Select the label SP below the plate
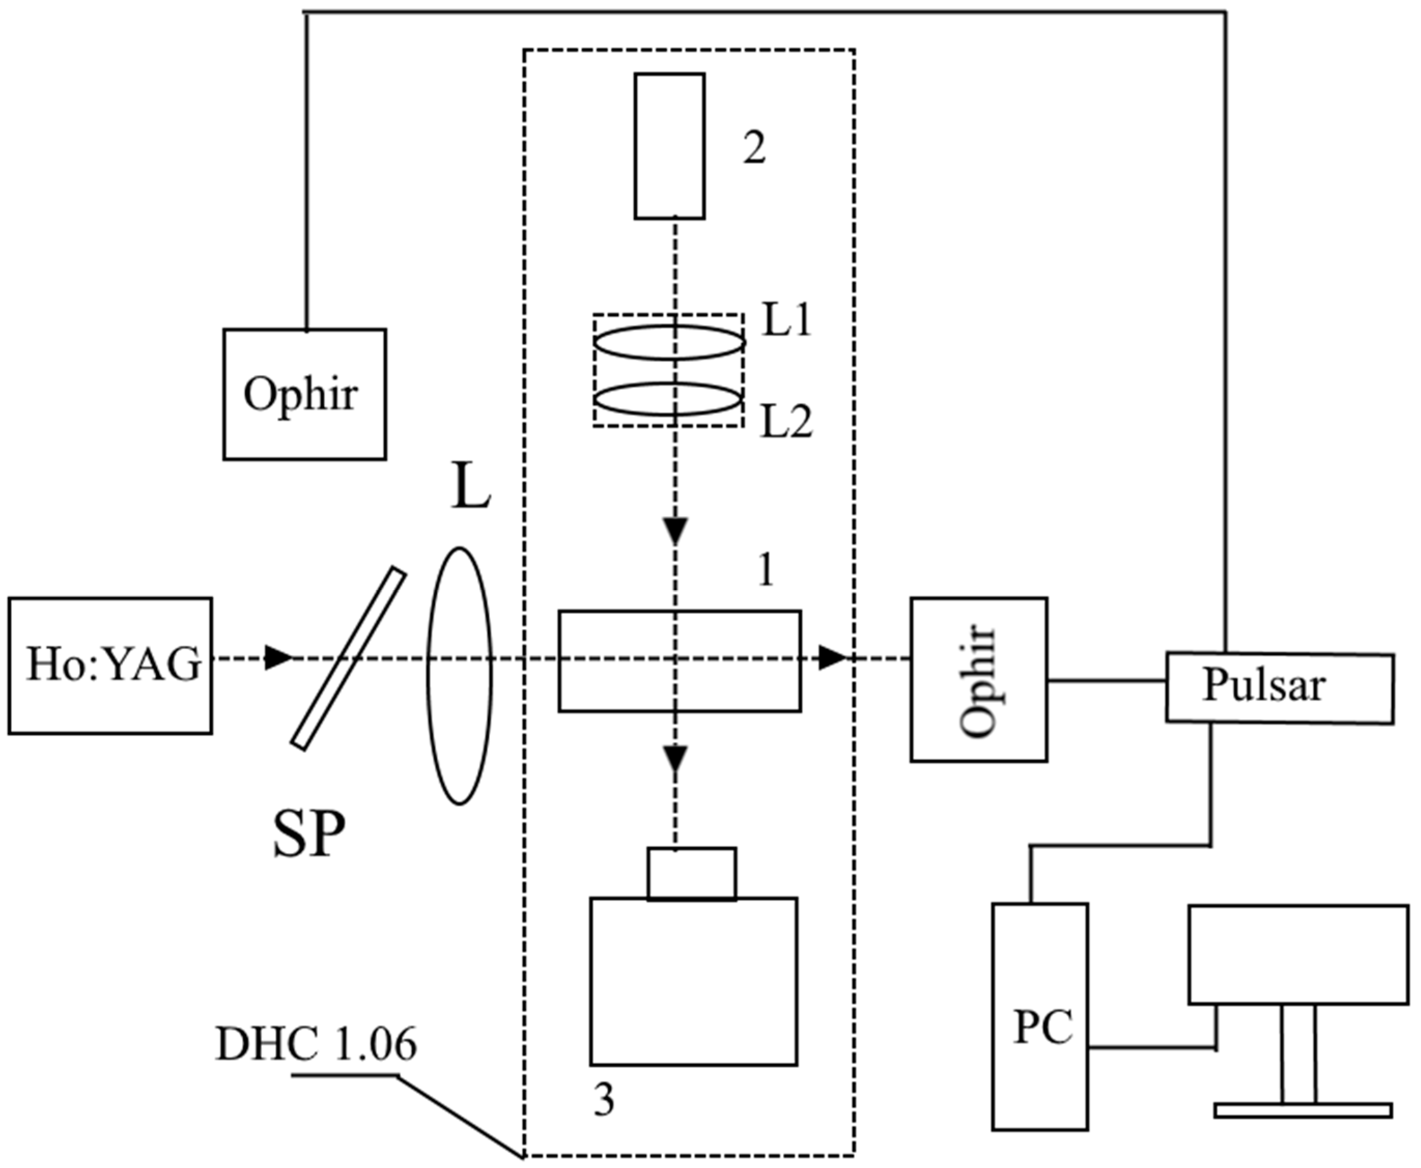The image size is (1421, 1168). point(309,833)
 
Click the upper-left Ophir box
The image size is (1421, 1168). point(305,395)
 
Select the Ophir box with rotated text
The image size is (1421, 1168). point(978,680)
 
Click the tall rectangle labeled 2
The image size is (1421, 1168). point(670,146)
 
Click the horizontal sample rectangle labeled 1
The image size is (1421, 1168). point(679,660)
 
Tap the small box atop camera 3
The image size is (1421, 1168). point(691,874)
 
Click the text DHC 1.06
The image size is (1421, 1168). point(316,1044)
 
